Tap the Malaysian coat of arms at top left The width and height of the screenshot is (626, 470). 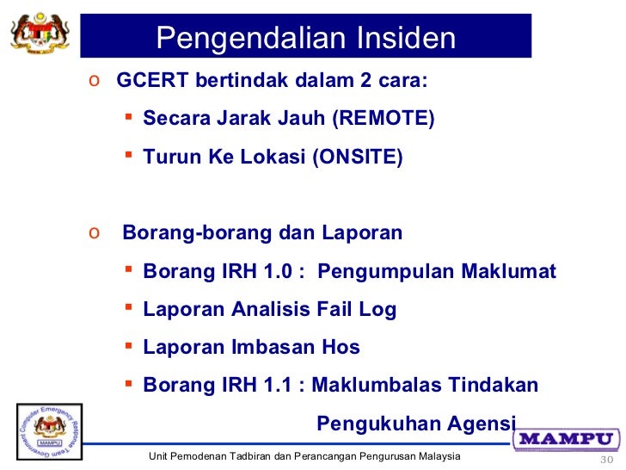40,35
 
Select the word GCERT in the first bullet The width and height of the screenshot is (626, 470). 148,82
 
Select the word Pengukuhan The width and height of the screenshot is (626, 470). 369,424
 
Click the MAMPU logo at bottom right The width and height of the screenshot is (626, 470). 568,438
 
